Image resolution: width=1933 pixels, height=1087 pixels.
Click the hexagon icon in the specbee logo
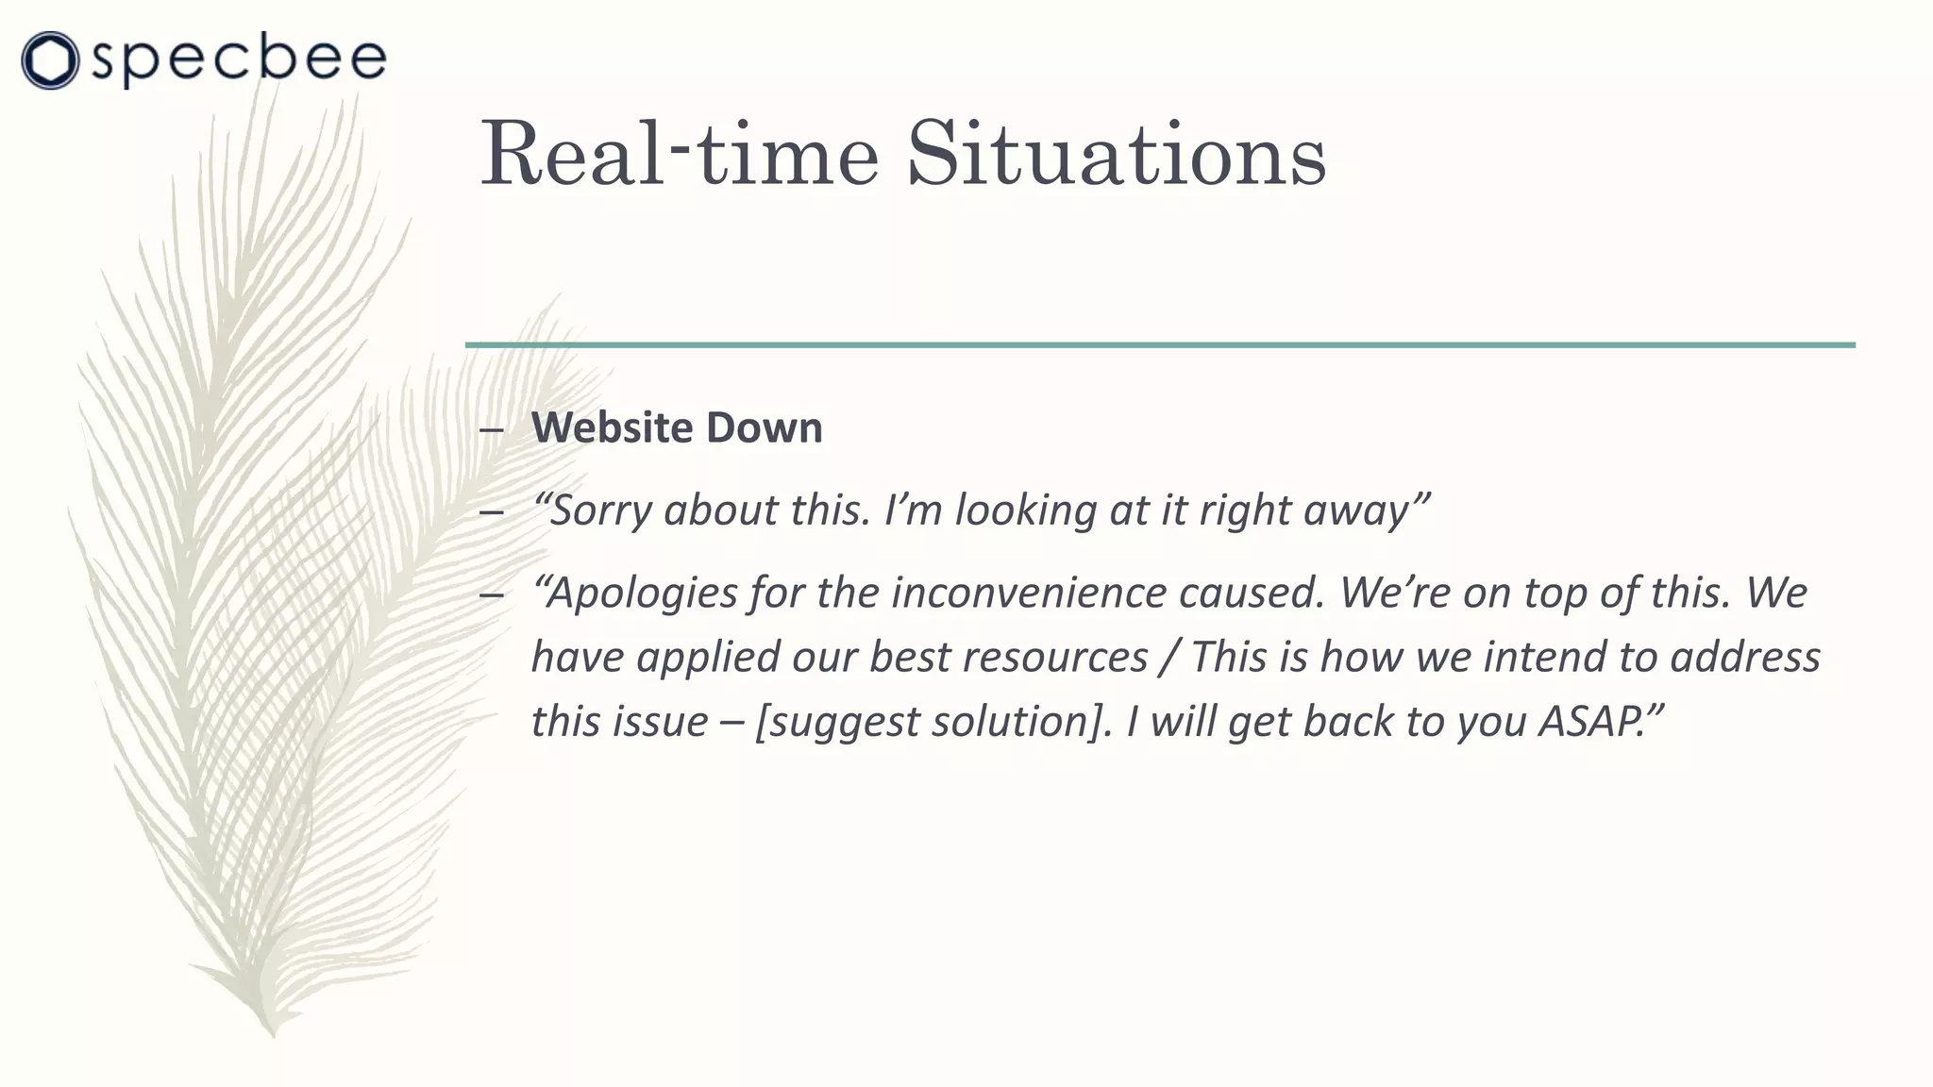[x=49, y=60]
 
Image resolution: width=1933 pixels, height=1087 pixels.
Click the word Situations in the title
[x=1116, y=155]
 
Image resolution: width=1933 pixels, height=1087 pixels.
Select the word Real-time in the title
[x=680, y=155]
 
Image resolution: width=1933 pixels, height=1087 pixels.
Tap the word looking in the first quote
[x=1025, y=510]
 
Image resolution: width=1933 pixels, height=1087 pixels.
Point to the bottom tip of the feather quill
[x=272, y=1032]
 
